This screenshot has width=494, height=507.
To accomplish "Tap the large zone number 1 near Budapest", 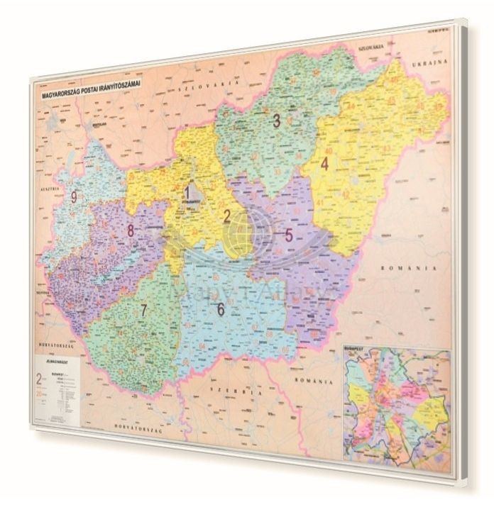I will point(188,192).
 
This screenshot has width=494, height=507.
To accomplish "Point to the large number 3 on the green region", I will point(275,121).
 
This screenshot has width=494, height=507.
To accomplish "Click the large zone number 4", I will point(324,164).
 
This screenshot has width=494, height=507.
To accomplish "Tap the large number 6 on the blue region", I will point(221,309).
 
